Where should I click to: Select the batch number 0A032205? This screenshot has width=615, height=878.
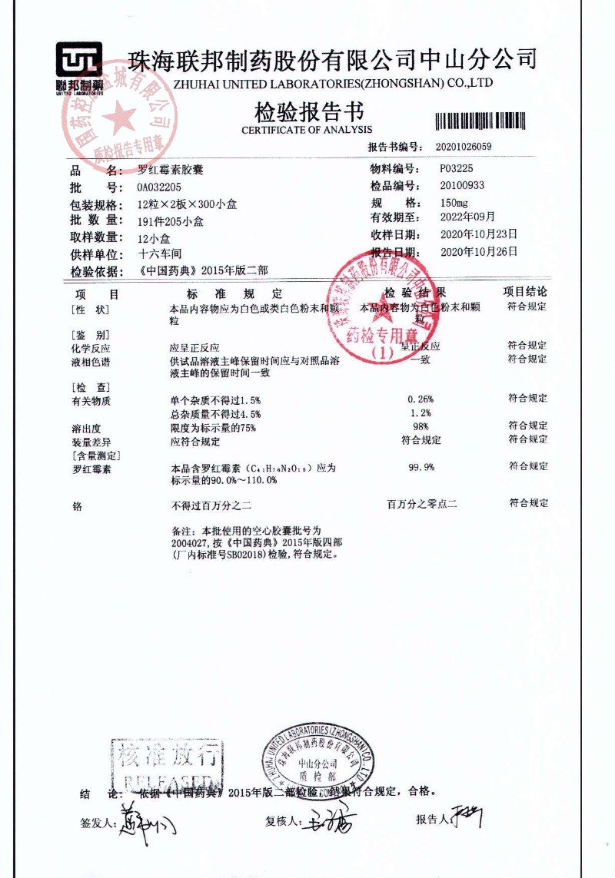pos(159,187)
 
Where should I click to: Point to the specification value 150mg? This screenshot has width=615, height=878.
pos(454,203)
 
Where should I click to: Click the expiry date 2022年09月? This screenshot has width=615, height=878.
pos(467,217)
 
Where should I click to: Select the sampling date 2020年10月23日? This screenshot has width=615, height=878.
pos(478,234)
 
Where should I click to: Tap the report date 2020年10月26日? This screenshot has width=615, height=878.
pos(478,251)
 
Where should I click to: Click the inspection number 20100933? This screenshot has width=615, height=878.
pos(462,185)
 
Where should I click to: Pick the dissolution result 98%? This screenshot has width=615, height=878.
pos(421,426)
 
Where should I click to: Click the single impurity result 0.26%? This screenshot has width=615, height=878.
pos(421,399)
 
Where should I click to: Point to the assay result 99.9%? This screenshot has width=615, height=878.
pos(421,466)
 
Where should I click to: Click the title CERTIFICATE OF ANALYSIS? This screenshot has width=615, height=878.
pos(307,130)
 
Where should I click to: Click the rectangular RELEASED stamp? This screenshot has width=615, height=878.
pos(167,765)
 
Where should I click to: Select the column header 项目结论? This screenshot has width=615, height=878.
pos(526,292)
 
